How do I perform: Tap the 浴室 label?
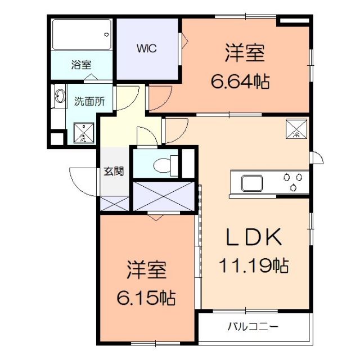pyautogui.click(x=81, y=65)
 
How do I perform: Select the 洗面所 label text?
pyautogui.click(x=89, y=102)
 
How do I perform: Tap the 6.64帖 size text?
pyautogui.click(x=240, y=82)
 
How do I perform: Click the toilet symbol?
pyautogui.click(x=161, y=165)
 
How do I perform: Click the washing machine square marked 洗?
pyautogui.click(x=83, y=133)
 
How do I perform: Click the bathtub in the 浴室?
pyautogui.click(x=81, y=35)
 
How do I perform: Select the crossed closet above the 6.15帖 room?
pyautogui.click(x=165, y=196)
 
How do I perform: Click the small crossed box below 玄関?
pyautogui.click(x=115, y=204)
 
